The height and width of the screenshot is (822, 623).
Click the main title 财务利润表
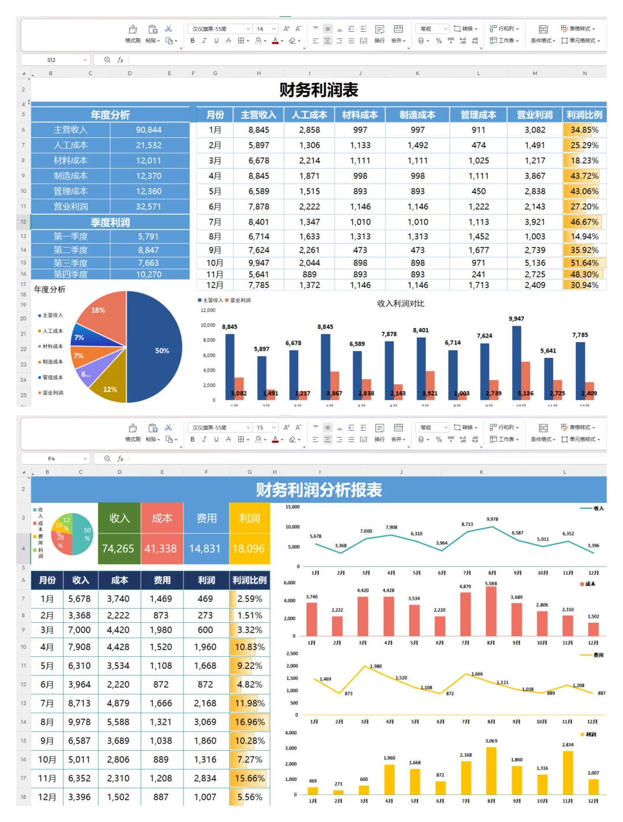318,90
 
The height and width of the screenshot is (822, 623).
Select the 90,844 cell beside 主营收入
148,130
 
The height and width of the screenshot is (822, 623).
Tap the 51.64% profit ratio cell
584,263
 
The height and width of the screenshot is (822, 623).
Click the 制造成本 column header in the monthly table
417,115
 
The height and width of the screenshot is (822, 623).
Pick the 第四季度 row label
70,274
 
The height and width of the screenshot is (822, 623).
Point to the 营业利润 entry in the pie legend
53,393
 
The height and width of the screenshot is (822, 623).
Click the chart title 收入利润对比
400,304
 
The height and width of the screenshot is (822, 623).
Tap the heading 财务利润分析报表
318,490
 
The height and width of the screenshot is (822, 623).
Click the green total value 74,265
118,548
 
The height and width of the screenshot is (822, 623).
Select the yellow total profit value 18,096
249,548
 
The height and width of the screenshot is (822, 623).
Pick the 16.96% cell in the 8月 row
249,722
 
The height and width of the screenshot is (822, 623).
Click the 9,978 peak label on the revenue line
492,519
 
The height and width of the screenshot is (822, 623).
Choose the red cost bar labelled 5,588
491,612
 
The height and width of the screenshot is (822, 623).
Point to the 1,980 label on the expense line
376,666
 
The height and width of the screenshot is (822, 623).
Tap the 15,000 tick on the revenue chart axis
292,507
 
